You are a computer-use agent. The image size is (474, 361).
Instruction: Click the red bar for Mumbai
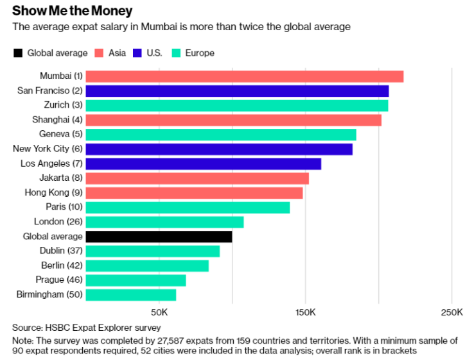click(244, 76)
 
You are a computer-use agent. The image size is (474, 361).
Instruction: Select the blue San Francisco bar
click(237, 91)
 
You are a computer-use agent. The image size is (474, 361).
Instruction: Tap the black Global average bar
click(159, 237)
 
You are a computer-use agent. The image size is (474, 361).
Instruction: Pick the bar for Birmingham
click(130, 295)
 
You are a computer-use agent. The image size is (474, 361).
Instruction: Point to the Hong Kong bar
click(194, 193)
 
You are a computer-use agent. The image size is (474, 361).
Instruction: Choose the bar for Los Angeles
click(203, 164)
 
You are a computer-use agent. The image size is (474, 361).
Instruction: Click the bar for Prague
click(136, 280)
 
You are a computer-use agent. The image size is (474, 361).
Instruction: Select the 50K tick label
click(159, 312)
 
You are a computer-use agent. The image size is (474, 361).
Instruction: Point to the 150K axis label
click(305, 312)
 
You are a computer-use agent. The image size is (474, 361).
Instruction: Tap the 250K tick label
click(452, 312)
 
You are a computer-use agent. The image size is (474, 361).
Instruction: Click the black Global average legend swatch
click(17, 53)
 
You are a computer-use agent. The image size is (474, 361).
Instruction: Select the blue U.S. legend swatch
click(137, 53)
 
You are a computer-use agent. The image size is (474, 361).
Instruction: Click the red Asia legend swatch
click(99, 53)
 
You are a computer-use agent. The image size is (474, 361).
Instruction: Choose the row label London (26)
click(58, 222)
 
